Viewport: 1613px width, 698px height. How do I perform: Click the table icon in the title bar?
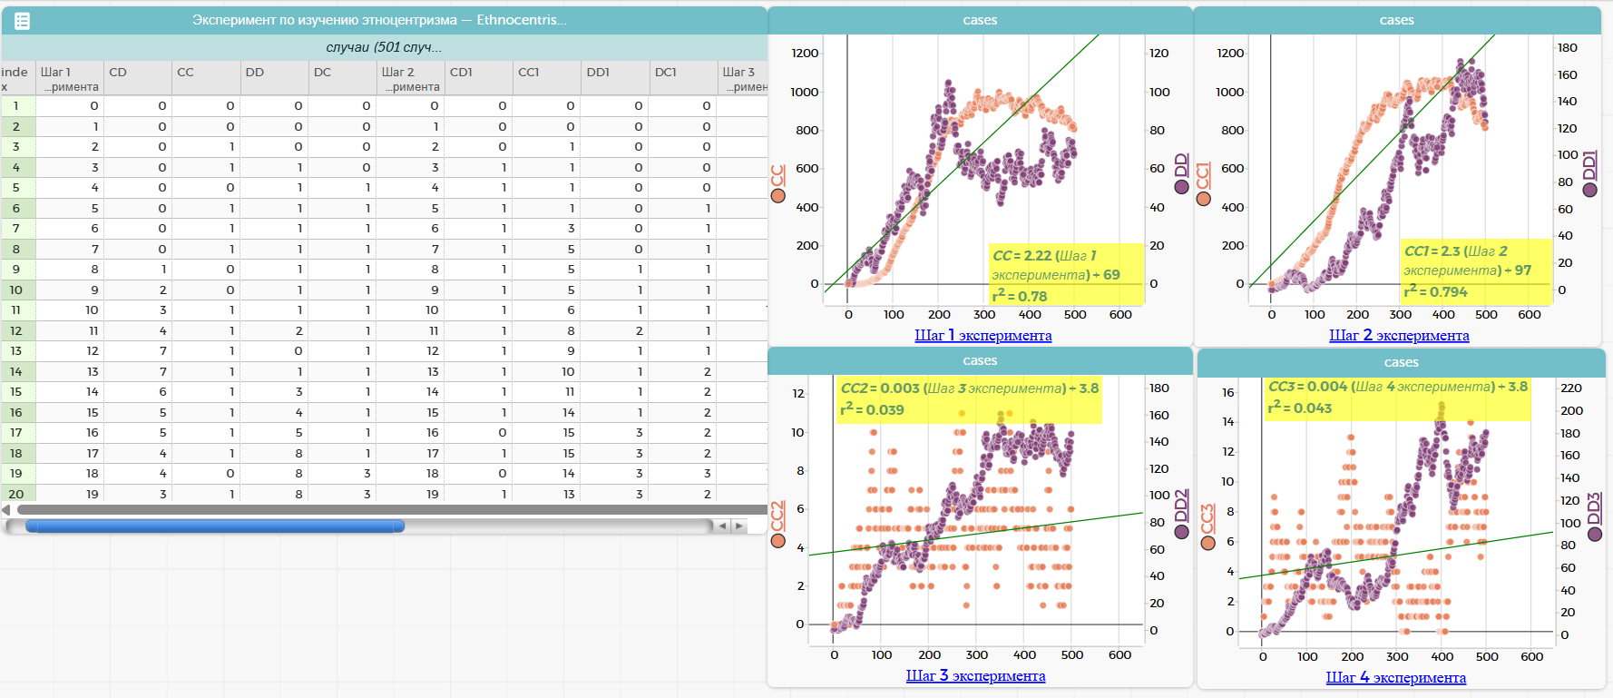pos(23,21)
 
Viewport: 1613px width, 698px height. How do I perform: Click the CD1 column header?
pos(461,73)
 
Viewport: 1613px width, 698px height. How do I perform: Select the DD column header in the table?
pos(255,73)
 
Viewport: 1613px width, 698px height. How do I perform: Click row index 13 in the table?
pos(16,351)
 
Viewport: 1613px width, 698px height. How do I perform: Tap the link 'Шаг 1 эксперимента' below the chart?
pos(982,336)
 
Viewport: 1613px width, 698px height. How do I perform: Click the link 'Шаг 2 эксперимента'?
pos(1399,336)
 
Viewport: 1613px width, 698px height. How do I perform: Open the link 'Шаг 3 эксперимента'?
pos(975,676)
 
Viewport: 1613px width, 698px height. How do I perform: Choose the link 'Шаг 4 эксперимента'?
pos(1395,678)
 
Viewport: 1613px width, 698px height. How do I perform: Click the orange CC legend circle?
pos(777,195)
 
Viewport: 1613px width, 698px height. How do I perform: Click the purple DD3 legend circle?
pos(1595,534)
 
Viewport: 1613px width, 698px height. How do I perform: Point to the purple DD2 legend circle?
pos(1181,532)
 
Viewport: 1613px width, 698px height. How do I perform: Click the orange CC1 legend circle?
pos(1204,199)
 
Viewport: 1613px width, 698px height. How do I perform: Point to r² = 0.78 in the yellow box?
pos(1020,296)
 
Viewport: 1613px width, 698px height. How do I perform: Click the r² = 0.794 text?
pos(1435,291)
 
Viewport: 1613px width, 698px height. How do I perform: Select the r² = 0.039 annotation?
pos(872,409)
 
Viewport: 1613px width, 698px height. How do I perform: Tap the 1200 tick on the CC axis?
pos(805,54)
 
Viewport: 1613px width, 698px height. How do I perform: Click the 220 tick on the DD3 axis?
pos(1570,388)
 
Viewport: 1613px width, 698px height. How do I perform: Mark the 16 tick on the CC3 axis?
pos(1227,393)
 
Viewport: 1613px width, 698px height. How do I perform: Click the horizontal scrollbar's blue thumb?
pos(214,526)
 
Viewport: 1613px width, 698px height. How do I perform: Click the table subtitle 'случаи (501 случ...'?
pos(384,47)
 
